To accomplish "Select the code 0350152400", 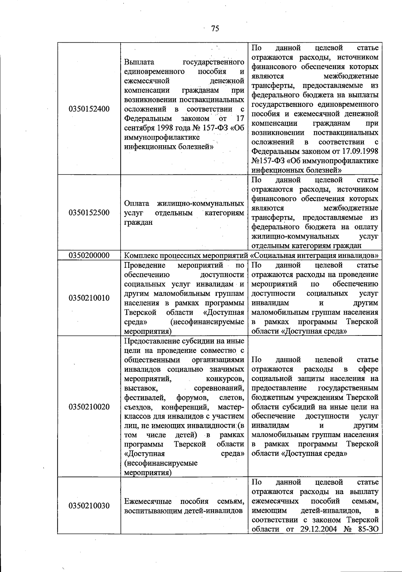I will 89,109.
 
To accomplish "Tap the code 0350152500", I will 89,213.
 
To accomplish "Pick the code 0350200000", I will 89,255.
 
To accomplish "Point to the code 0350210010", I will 89,298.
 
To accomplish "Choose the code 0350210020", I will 89,407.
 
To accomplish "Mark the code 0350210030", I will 89,506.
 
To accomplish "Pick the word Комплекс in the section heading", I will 139,255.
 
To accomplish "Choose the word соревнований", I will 219,388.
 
